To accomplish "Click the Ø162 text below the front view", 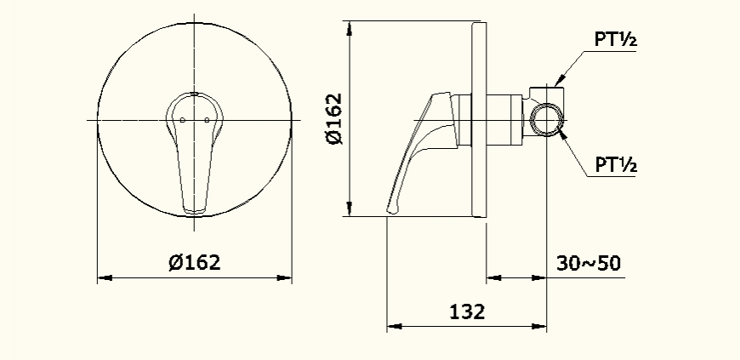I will coord(195,262).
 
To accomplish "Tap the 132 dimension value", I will coord(467,311).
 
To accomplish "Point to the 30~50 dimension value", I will coord(589,262).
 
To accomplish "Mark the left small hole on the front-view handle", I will coord(184,120).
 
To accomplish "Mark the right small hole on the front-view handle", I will coord(206,120).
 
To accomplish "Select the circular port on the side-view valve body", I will coord(545,119).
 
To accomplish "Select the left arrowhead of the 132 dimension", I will coord(394,325).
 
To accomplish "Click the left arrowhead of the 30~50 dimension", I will coord(492,277).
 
